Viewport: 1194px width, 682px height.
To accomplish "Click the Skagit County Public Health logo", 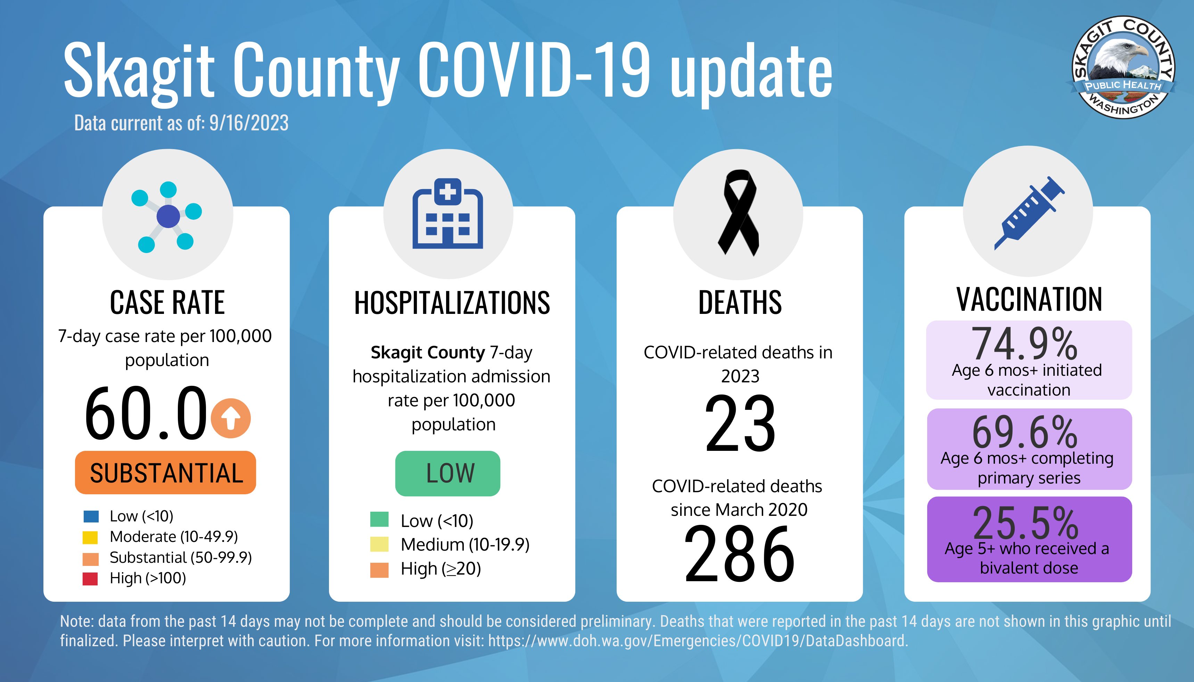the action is [x=1123, y=67].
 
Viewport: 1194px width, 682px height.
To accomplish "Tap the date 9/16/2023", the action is [x=248, y=123].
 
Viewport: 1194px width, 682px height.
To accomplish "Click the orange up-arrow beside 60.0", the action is [x=231, y=418].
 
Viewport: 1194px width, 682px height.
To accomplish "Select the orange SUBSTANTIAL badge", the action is [x=166, y=473].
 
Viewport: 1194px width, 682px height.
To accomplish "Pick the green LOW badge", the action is [x=448, y=473].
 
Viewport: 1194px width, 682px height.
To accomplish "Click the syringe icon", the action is [x=1029, y=213].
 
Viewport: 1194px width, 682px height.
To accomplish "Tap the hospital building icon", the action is [x=447, y=213].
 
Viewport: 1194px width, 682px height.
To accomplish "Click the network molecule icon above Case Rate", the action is [x=167, y=217].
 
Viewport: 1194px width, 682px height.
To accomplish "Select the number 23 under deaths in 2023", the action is [x=740, y=423].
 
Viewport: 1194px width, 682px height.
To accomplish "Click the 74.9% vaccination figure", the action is [x=1024, y=343].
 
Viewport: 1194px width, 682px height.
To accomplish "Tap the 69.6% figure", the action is [x=1024, y=432].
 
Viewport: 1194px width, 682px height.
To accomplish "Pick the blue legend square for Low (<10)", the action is [x=91, y=516].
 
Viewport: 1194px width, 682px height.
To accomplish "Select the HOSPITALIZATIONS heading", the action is [x=452, y=303].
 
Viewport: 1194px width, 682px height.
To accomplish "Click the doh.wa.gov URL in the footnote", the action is [x=697, y=641].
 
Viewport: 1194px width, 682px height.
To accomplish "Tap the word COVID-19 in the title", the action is [x=534, y=70].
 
